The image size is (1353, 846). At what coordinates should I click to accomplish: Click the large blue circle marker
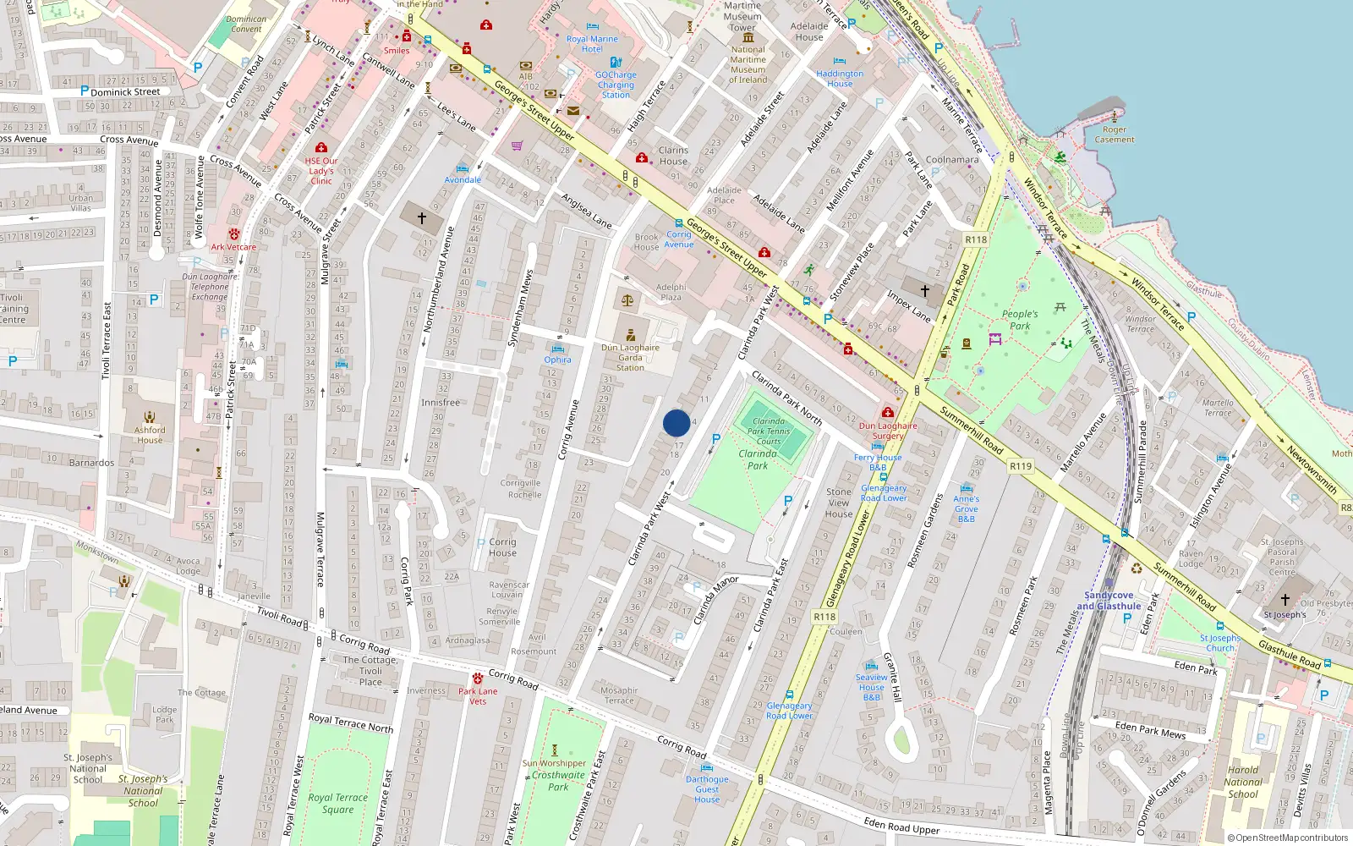(x=676, y=423)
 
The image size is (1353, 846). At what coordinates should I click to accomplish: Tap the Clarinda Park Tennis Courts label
(x=769, y=431)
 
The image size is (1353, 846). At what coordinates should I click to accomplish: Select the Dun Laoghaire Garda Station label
(x=630, y=357)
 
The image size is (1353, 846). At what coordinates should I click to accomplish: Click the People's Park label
(x=1020, y=320)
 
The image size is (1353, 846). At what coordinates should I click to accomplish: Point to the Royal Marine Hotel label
(x=592, y=44)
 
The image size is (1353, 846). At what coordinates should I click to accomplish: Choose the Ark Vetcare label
(x=233, y=247)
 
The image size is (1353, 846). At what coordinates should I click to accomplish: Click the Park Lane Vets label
(x=478, y=695)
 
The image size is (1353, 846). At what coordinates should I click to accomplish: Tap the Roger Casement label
(x=1115, y=135)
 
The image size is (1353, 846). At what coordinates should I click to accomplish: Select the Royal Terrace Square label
(x=337, y=803)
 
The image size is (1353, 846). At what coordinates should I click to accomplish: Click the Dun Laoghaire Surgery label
(x=888, y=431)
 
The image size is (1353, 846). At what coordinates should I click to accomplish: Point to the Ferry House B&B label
(x=878, y=462)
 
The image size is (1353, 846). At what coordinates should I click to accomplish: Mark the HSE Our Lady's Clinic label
(x=321, y=170)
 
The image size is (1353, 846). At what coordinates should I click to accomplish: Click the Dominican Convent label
(x=246, y=24)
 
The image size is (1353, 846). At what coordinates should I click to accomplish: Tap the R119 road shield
(x=1021, y=466)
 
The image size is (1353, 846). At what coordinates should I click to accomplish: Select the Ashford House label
(x=150, y=435)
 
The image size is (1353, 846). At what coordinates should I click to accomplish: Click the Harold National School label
(x=1242, y=782)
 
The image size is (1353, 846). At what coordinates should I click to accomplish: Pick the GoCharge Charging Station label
(x=616, y=85)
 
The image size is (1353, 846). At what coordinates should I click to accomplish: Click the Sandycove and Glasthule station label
(x=1109, y=601)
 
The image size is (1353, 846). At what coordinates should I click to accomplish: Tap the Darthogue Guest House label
(x=707, y=789)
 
